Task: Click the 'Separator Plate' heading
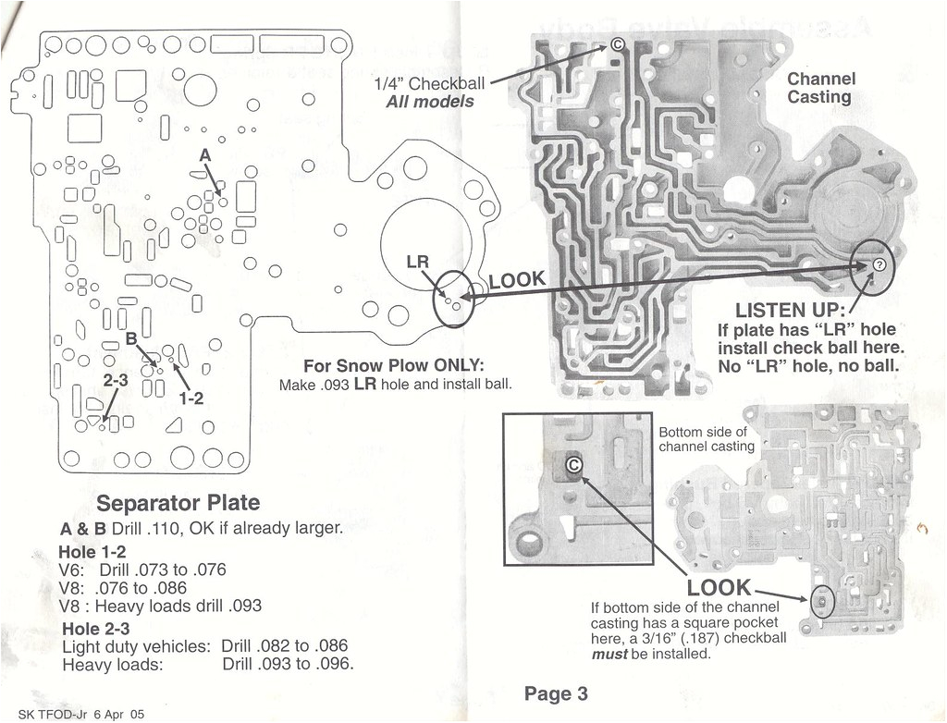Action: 178,504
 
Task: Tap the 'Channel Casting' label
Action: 820,88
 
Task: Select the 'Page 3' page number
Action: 555,693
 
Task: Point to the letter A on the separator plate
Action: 205,157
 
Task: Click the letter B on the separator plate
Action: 131,338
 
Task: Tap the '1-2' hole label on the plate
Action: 191,398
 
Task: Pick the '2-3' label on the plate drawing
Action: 116,381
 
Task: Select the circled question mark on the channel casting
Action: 879,265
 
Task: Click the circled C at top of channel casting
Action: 618,43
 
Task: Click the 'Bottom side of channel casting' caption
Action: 706,439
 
